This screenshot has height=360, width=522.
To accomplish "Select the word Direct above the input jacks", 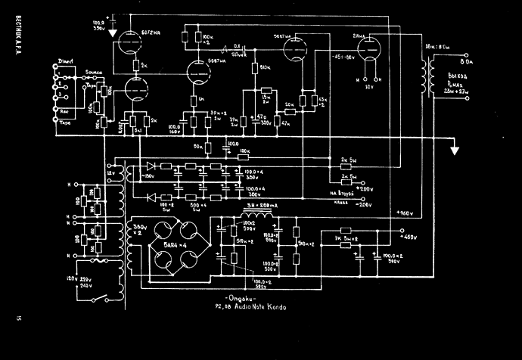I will (x=67, y=60).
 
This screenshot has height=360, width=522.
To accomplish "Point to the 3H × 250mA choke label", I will (x=262, y=206).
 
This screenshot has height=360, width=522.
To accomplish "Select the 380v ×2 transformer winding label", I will (x=138, y=230).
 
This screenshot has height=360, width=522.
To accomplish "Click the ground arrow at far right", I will (x=455, y=149).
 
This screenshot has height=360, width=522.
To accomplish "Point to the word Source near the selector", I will (x=94, y=73).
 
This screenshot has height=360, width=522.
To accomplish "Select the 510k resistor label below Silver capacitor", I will (x=265, y=68).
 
